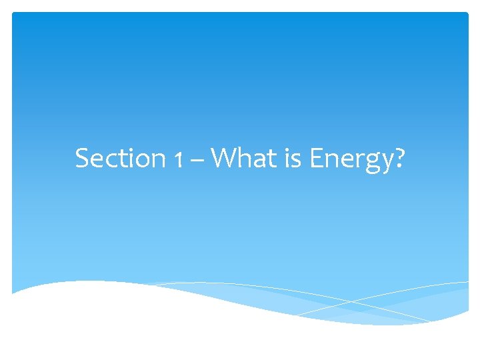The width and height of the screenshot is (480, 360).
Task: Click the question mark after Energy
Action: coord(399,159)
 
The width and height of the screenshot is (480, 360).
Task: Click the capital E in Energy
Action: coord(317,159)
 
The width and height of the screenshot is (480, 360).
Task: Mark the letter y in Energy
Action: coord(386,163)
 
